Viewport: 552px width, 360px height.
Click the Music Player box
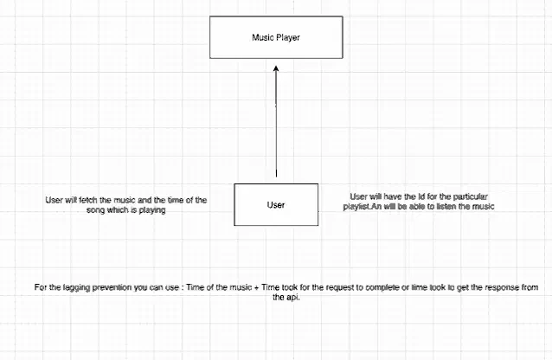pyautogui.click(x=276, y=37)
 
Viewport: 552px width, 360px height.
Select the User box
pyautogui.click(x=276, y=204)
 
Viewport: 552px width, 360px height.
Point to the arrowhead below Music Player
pyautogui.click(x=276, y=68)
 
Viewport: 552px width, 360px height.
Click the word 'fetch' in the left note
pyautogui.click(x=88, y=200)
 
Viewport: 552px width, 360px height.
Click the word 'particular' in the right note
pyautogui.click(x=470, y=196)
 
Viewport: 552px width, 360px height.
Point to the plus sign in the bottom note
pyautogui.click(x=256, y=287)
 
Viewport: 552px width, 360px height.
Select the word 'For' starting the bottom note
pyautogui.click(x=41, y=287)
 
